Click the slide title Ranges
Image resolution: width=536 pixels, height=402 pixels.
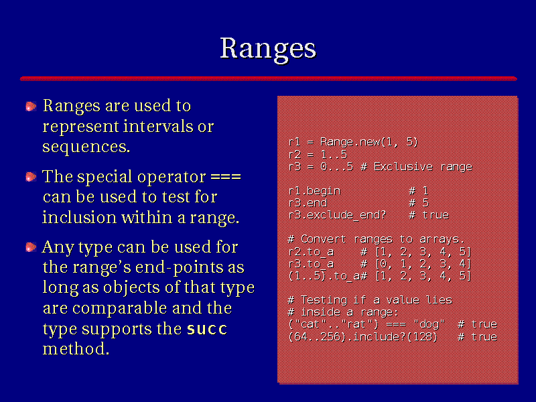(x=268, y=50)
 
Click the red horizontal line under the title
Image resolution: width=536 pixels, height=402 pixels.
(x=269, y=78)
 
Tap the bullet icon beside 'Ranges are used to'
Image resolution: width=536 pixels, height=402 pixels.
(x=31, y=107)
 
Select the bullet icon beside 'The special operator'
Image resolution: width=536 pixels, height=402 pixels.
(x=31, y=177)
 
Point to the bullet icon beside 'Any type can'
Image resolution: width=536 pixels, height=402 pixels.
(x=31, y=247)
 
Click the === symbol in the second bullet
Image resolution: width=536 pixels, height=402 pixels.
(x=226, y=177)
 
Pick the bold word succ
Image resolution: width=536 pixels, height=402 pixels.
(x=207, y=329)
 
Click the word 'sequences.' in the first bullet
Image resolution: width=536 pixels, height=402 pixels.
(x=86, y=147)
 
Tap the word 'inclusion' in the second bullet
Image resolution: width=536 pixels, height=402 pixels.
(x=79, y=217)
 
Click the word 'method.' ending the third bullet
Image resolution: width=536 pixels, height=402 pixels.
(x=76, y=349)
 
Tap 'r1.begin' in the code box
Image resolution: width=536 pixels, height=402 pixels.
(x=314, y=191)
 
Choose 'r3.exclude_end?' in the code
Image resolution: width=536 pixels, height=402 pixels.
(x=337, y=215)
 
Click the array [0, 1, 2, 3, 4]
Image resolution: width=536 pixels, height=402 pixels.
(x=423, y=264)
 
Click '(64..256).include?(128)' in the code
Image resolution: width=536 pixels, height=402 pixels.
(x=363, y=337)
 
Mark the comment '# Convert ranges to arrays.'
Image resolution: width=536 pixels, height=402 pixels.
(x=377, y=239)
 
